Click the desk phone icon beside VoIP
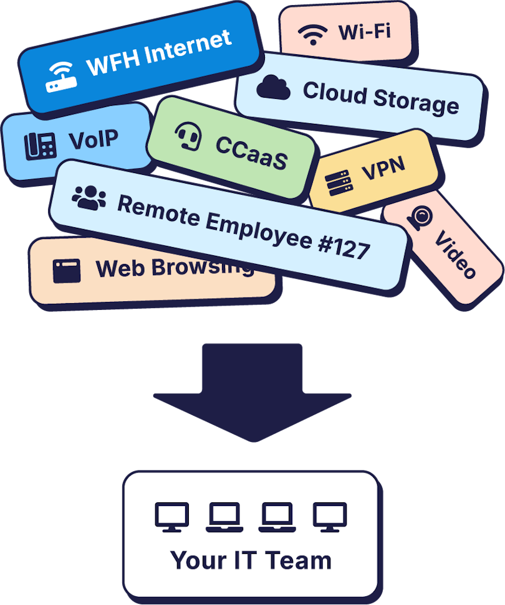pyautogui.click(x=40, y=145)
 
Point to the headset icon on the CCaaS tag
pyautogui.click(x=188, y=134)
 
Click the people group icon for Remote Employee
pyautogui.click(x=89, y=197)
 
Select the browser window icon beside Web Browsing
pyautogui.click(x=67, y=271)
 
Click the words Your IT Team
pyautogui.click(x=251, y=560)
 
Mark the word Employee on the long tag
pyautogui.click(x=251, y=228)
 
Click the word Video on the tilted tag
pyautogui.click(x=456, y=254)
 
